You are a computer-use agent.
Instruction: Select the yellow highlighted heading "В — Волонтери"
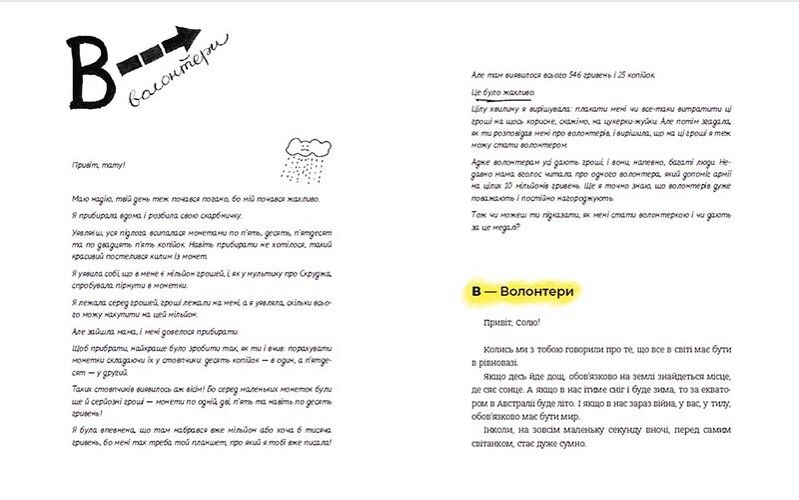[x=522, y=292]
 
